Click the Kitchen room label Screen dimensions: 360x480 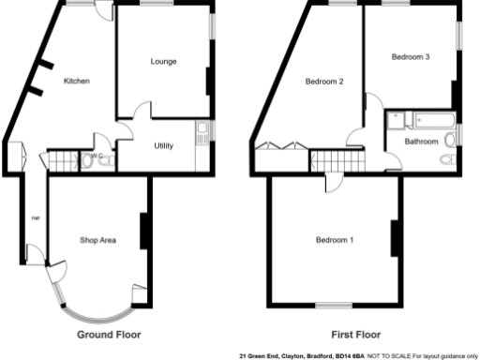pos(76,82)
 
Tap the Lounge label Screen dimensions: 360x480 pos(164,62)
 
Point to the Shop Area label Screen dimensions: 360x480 pos(98,241)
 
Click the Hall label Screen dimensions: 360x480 pos(36,218)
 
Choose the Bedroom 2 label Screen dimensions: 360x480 pos(324,82)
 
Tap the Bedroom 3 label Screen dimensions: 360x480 pos(411,57)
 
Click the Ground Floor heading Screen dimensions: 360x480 pos(107,335)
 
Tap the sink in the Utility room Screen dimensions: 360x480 pos(202,133)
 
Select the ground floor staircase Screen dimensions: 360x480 pos(63,160)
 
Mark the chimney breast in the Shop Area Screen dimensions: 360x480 pos(144,231)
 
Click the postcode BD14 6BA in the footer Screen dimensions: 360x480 pos(350,355)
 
